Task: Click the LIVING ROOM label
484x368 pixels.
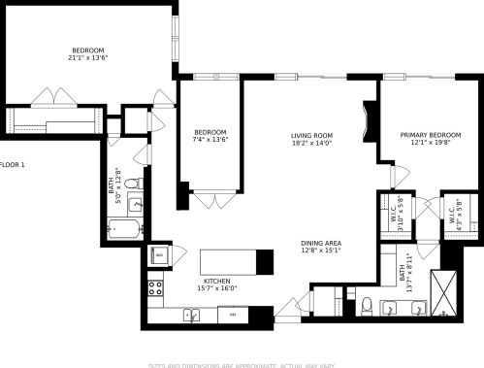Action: (x=311, y=135)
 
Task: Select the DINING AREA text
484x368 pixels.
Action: (x=320, y=243)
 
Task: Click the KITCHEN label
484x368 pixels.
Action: (x=215, y=281)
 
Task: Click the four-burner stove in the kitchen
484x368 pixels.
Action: (x=154, y=286)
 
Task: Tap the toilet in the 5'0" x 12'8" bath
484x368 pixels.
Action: (x=138, y=183)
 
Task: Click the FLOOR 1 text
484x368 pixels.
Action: (x=13, y=165)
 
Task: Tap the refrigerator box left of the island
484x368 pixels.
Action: (x=159, y=255)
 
